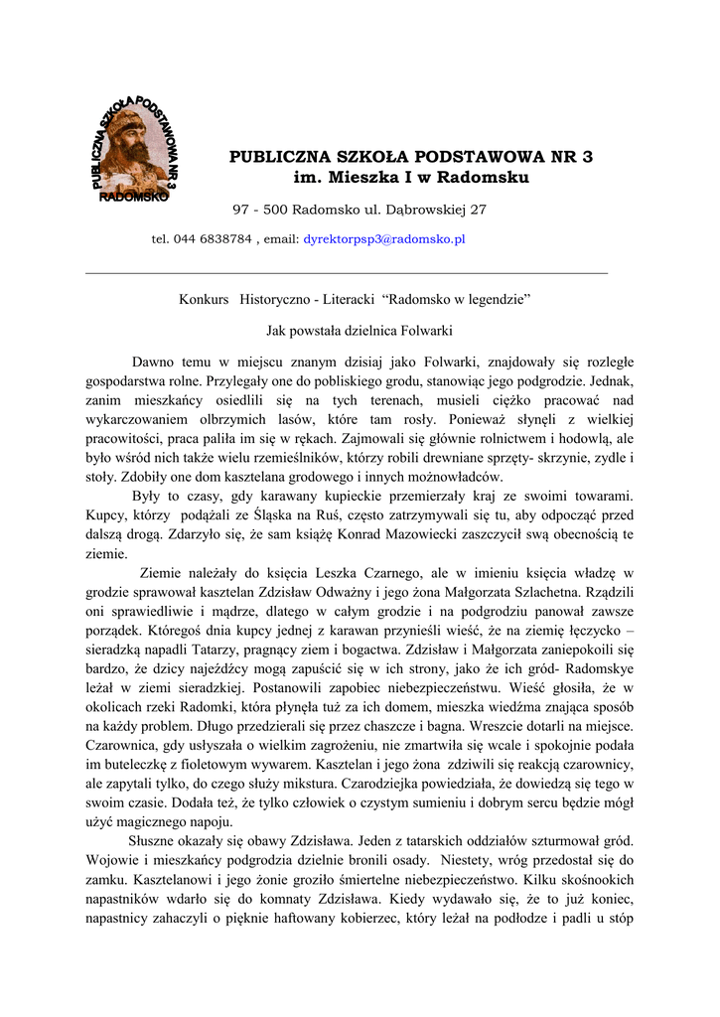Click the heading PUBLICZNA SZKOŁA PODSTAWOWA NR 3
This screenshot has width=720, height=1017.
coord(410,156)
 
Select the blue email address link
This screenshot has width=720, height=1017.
coord(384,239)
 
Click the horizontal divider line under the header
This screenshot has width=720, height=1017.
coord(347,272)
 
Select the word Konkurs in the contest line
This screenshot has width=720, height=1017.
coord(204,299)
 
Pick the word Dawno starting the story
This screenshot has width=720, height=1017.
coord(153,362)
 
